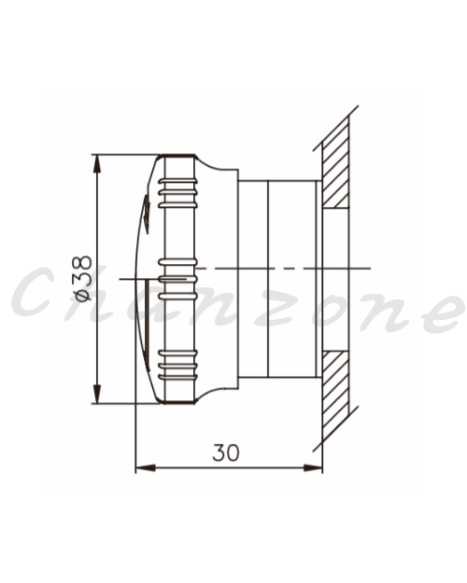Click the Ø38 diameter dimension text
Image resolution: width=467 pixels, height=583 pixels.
point(82,278)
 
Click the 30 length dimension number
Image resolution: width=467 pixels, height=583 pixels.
point(226,452)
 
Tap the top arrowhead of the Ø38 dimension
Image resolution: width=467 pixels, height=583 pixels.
point(97,163)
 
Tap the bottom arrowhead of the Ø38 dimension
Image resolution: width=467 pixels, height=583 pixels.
point(97,395)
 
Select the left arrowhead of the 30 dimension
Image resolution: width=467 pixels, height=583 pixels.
point(145,467)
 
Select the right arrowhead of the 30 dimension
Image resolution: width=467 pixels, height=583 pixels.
point(313,467)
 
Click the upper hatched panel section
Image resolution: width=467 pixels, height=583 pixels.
point(336,162)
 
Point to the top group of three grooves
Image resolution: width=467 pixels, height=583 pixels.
point(177,192)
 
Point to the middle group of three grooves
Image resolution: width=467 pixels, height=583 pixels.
point(177,279)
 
